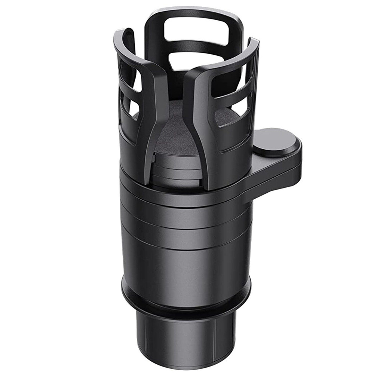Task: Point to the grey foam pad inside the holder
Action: pyautogui.click(x=176, y=127)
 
